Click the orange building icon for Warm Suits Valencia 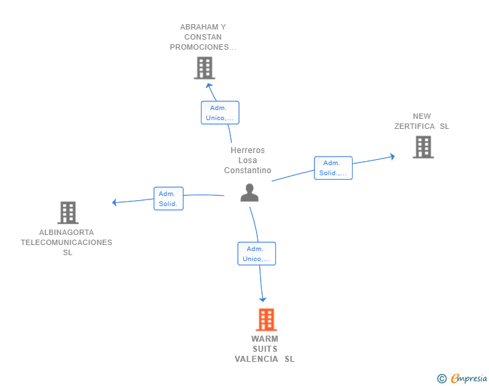(x=266, y=320)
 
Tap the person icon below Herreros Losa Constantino (x=249, y=193)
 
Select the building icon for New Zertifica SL (x=423, y=147)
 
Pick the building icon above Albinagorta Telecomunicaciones (x=68, y=213)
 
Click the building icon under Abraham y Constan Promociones (x=205, y=68)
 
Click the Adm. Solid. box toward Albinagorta (x=169, y=199)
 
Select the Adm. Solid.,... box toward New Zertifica (x=333, y=168)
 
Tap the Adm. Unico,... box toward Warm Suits (x=257, y=254)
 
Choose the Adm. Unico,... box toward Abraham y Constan (x=220, y=113)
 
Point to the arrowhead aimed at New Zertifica (x=393, y=156)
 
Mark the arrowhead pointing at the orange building (x=263, y=299)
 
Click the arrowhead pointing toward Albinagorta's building (x=114, y=202)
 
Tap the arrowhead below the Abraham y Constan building (x=209, y=85)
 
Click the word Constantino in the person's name (x=248, y=171)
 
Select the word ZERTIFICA (x=414, y=126)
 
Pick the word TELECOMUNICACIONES (x=66, y=242)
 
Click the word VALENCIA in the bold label (x=257, y=359)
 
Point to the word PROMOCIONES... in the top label (x=203, y=47)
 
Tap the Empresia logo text (x=469, y=378)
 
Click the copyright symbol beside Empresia (x=441, y=379)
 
